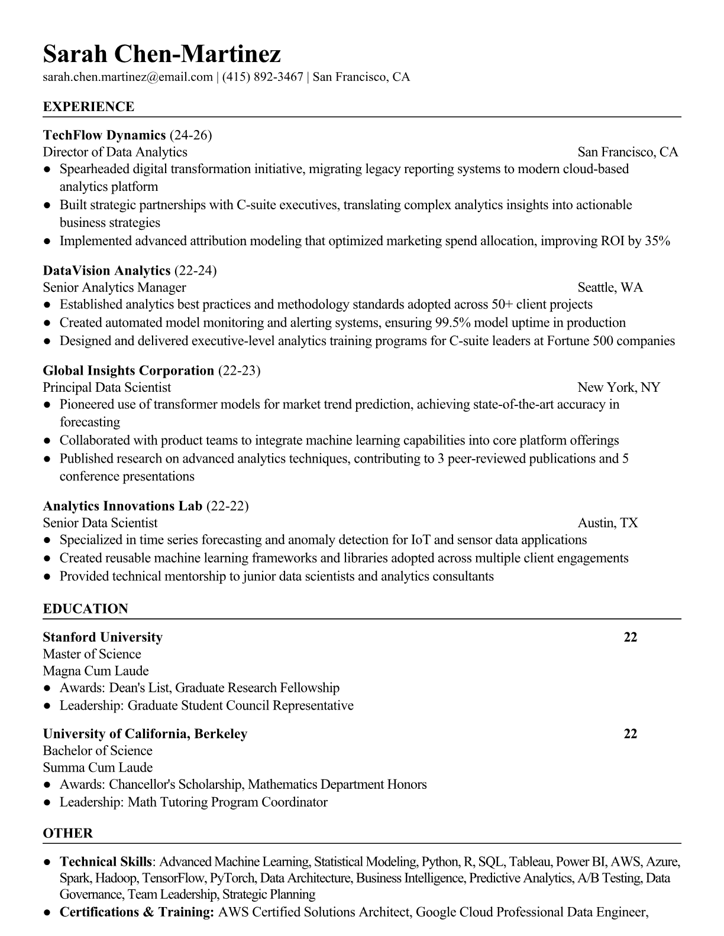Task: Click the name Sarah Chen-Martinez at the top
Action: click(x=161, y=54)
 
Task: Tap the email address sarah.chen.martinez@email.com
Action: click(x=128, y=77)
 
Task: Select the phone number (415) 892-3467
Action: click(x=263, y=77)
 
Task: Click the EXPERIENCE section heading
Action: click(x=89, y=107)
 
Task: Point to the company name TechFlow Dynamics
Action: click(x=104, y=135)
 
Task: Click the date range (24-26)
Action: click(x=190, y=135)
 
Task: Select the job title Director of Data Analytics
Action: click(x=115, y=152)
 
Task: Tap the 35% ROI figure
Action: click(x=658, y=241)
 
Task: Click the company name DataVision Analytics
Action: click(x=106, y=271)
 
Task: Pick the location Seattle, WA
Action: click(x=610, y=288)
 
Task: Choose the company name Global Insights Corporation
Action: click(x=128, y=370)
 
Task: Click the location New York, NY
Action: click(x=619, y=388)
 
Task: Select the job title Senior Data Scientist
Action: click(x=101, y=523)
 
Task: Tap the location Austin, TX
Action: click(x=607, y=523)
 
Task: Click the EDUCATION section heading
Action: click(x=86, y=609)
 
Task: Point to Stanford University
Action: click(x=103, y=637)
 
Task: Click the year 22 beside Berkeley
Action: click(x=631, y=734)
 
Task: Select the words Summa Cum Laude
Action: click(x=98, y=768)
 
